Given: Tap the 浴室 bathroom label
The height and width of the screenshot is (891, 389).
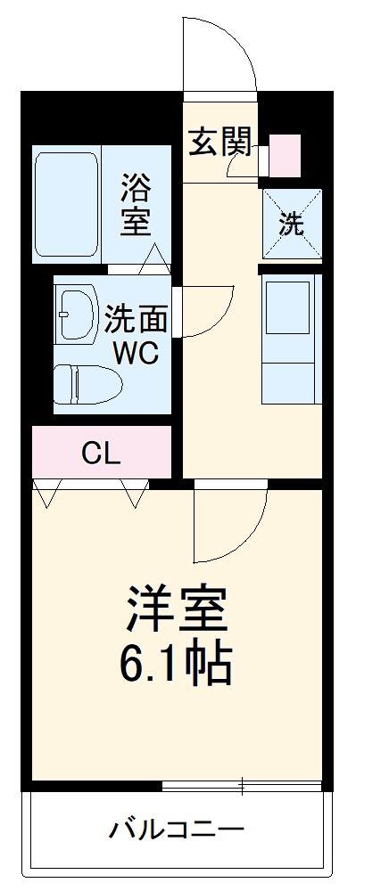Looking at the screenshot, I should (137, 206).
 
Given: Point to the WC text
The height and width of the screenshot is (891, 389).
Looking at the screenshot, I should (135, 354).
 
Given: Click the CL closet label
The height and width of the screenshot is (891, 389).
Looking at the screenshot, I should (100, 454).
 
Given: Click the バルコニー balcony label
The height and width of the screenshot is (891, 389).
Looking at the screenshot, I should (177, 832).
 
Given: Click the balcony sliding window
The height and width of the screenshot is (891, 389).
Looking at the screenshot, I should (243, 785).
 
